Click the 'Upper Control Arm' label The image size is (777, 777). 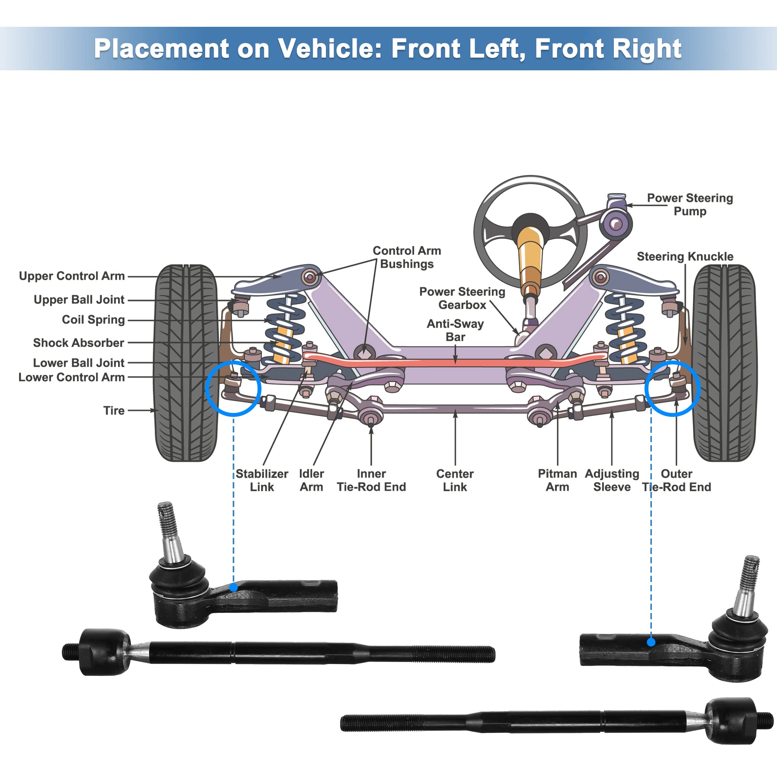[x=71, y=276]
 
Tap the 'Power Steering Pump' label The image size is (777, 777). [x=689, y=204]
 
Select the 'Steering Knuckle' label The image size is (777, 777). [x=685, y=256]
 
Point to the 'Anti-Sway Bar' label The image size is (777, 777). [x=455, y=330]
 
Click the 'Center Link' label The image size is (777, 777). [x=455, y=480]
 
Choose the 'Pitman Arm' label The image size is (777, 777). [x=557, y=480]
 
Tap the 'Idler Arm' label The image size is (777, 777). [x=311, y=480]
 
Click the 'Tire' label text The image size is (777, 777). [x=114, y=411]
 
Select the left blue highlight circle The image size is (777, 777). [x=233, y=388]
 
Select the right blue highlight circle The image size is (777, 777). [x=672, y=388]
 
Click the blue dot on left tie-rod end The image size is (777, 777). [x=233, y=587]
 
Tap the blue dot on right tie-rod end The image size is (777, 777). [x=651, y=642]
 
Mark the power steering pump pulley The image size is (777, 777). [x=616, y=224]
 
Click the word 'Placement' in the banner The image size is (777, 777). [x=161, y=49]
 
